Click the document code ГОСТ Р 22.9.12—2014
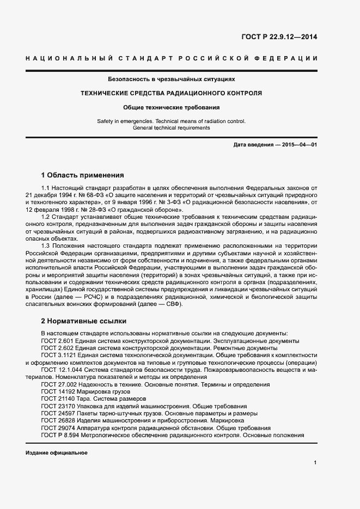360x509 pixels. [279, 38]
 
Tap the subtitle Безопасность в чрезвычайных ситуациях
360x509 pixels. [171, 79]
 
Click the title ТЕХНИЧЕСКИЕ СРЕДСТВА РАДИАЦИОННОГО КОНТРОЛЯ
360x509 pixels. [171, 93]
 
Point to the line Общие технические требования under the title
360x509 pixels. [171, 107]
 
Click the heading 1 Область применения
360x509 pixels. [82, 175]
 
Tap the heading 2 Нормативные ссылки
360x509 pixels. [83, 321]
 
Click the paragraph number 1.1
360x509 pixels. [46, 187]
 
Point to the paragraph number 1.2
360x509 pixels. [46, 217]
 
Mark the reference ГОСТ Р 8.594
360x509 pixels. [59, 436]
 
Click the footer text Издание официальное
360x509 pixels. [56, 453]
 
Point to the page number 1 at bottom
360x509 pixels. [315, 463]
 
